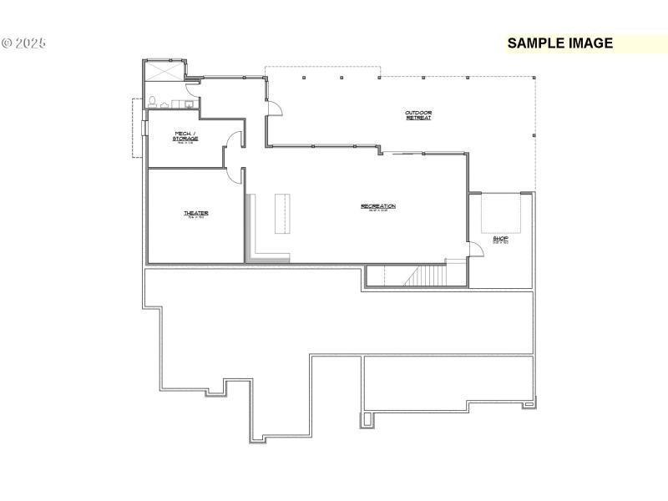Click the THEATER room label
pyautogui.click(x=196, y=214)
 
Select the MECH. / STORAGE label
pyautogui.click(x=185, y=136)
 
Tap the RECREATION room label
pyautogui.click(x=378, y=206)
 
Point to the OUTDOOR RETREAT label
pyautogui.click(x=418, y=115)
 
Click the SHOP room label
pyautogui.click(x=500, y=239)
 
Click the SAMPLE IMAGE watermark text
pyautogui.click(x=559, y=43)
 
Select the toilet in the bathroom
pyautogui.click(x=154, y=103)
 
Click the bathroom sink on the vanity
pyautogui.click(x=189, y=105)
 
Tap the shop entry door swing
pyautogui.click(x=476, y=248)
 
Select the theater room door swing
pyautogui.click(x=235, y=175)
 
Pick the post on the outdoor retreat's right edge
pyautogui.click(x=533, y=134)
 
